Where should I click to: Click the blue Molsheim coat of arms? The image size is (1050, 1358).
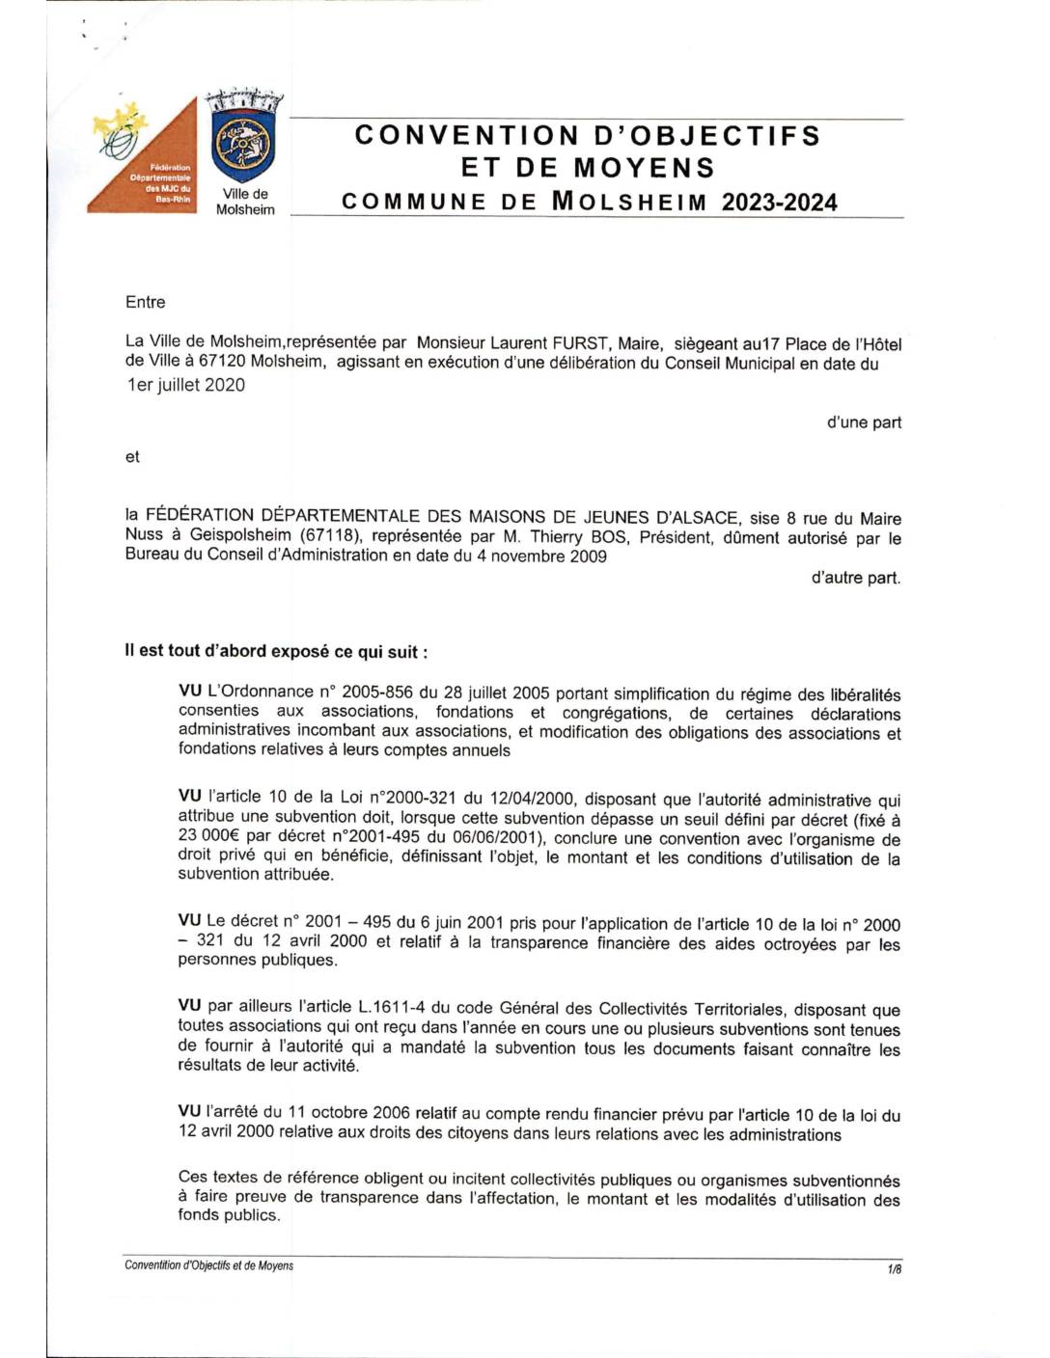[242, 145]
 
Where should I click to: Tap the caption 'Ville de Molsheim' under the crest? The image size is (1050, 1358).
[245, 202]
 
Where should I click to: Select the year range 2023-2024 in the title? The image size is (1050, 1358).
[779, 203]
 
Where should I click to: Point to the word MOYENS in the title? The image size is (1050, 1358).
[644, 168]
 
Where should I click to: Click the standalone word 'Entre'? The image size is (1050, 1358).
[146, 302]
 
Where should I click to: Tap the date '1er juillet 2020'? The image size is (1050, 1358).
[186, 385]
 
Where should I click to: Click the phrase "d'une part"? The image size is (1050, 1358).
[864, 422]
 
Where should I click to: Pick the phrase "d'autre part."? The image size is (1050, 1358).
[855, 578]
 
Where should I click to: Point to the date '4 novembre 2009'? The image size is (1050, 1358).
[541, 556]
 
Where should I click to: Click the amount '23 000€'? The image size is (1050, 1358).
[209, 836]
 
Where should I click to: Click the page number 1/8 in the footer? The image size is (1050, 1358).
[894, 1269]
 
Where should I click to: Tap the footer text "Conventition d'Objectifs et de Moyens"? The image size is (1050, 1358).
[208, 1265]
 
